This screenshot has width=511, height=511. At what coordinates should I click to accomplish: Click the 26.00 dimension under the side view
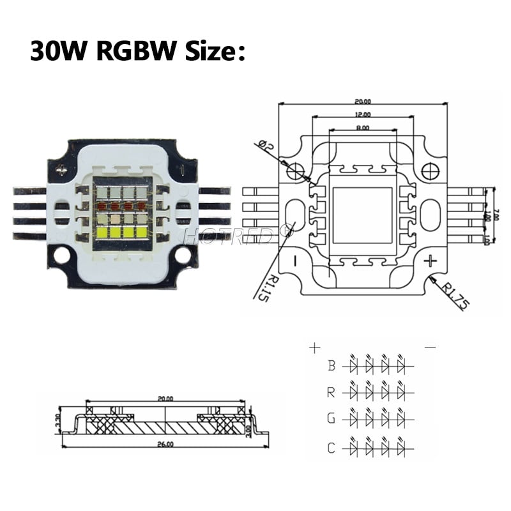click(165, 445)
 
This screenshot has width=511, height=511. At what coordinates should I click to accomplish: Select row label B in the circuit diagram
click(332, 366)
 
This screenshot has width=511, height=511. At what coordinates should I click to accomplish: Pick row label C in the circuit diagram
click(332, 448)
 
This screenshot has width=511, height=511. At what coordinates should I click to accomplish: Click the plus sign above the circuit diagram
click(314, 348)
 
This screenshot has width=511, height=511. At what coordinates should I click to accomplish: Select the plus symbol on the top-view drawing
click(431, 260)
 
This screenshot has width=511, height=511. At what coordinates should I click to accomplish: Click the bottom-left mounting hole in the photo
click(62, 255)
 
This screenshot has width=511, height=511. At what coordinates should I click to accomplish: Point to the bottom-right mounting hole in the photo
click(182, 255)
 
